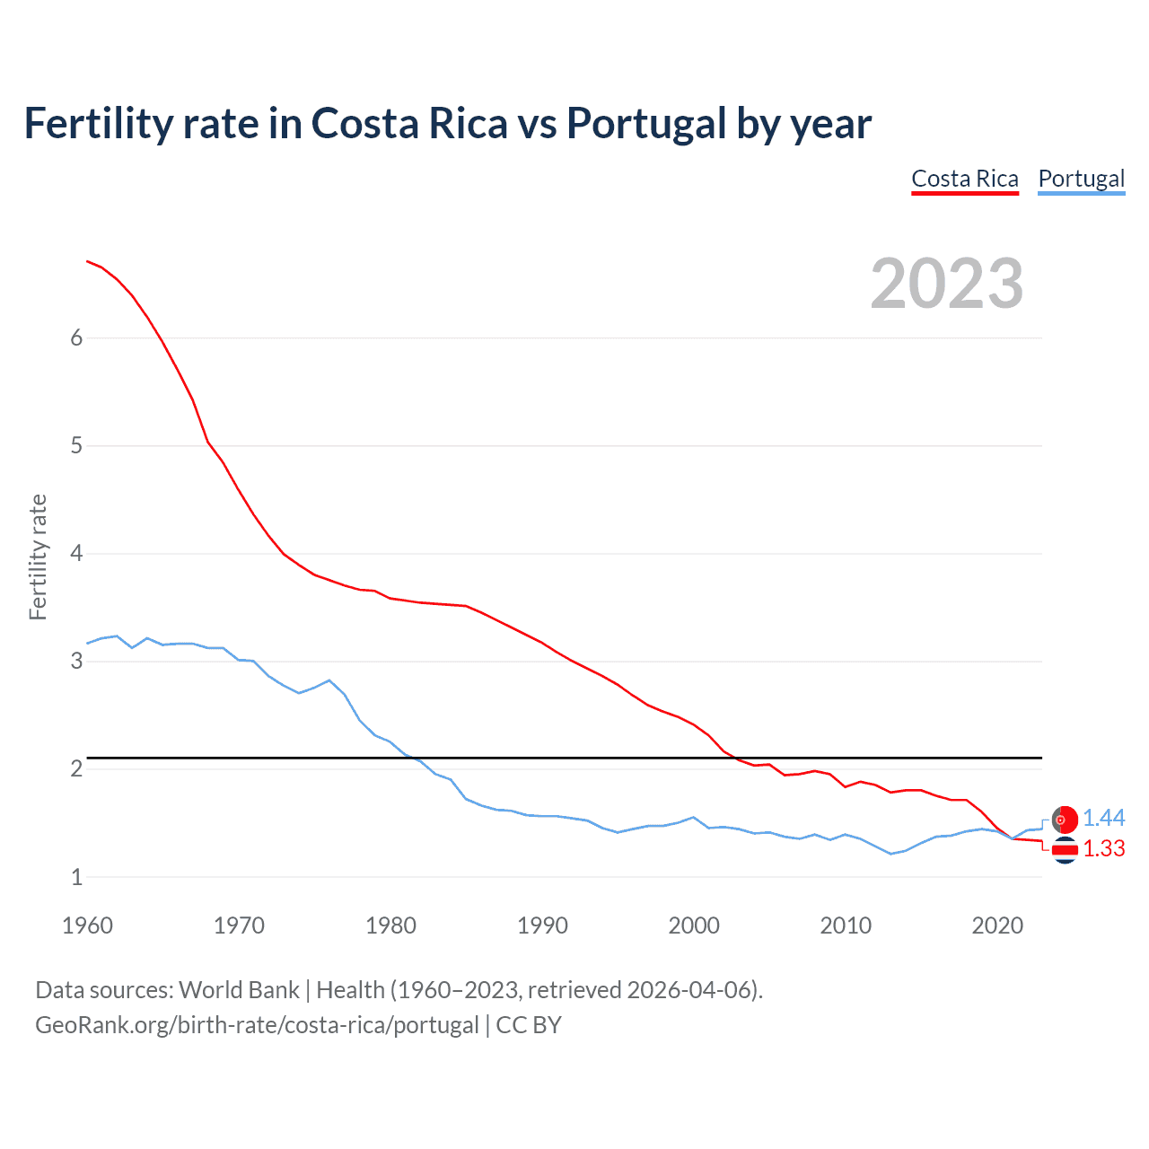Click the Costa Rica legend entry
pyautogui.click(x=965, y=179)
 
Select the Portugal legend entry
pyautogui.click(x=1081, y=179)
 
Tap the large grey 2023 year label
pyautogui.click(x=947, y=284)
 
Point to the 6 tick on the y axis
pyautogui.click(x=76, y=338)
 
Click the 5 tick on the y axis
pyautogui.click(x=76, y=445)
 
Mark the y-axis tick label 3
pyautogui.click(x=76, y=662)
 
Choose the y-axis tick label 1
pyautogui.click(x=76, y=877)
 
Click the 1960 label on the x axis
pyautogui.click(x=87, y=925)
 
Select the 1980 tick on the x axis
pyautogui.click(x=390, y=925)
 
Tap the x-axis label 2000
pyautogui.click(x=694, y=925)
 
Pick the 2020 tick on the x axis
pyautogui.click(x=997, y=925)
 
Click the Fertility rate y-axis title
pyautogui.click(x=38, y=557)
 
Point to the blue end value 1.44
pyautogui.click(x=1103, y=818)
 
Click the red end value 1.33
pyautogui.click(x=1103, y=848)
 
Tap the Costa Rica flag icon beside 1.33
pyautogui.click(x=1065, y=849)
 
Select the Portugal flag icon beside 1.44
pyautogui.click(x=1065, y=820)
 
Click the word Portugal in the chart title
pyautogui.click(x=646, y=123)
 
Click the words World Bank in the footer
pyautogui.click(x=239, y=990)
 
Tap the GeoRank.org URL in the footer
pyautogui.click(x=257, y=1025)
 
